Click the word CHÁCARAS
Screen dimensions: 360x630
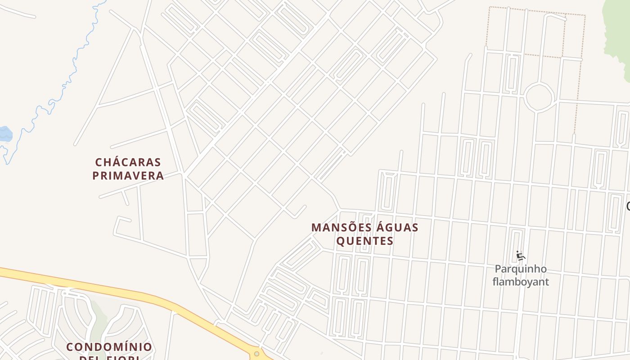click(128, 162)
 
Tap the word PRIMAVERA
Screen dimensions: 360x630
click(128, 175)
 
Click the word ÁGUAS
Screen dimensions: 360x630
click(396, 228)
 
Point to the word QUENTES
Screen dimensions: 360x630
click(365, 241)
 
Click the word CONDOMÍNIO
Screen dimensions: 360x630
click(109, 347)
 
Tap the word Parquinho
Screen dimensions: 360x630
click(521, 269)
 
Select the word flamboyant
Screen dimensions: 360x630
click(521, 282)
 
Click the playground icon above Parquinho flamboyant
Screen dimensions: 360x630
click(521, 256)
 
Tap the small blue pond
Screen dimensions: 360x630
click(5, 134)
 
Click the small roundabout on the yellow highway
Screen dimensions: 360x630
click(256, 354)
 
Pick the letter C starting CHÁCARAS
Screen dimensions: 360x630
click(99, 162)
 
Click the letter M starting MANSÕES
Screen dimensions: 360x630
click(316, 228)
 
